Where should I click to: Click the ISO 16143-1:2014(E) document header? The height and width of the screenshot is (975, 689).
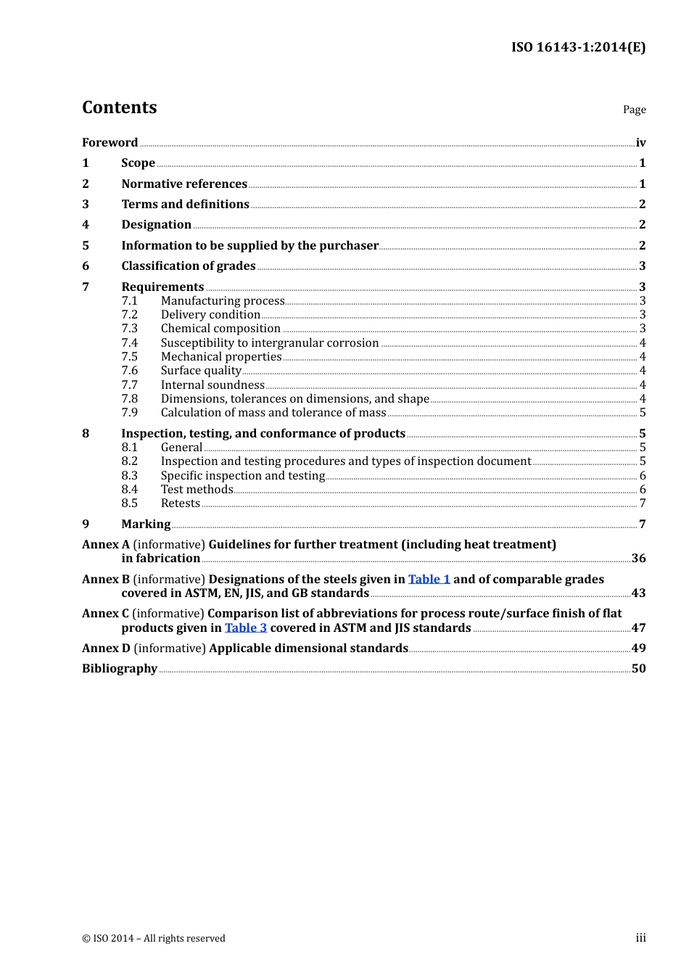coord(578,47)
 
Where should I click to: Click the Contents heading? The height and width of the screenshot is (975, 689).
coord(120,107)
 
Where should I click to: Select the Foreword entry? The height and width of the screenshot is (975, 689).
coord(110,142)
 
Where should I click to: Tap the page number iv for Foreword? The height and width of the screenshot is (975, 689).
coord(640,142)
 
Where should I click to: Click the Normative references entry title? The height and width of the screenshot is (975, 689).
coord(184,184)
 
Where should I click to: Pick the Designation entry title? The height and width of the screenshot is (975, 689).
coord(156,225)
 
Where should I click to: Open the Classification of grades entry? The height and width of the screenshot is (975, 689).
coord(189,266)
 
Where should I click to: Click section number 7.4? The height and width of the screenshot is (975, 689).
coord(130,342)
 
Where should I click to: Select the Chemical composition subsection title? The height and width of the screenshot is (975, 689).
coord(220,329)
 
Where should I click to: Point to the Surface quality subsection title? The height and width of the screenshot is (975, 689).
coord(201,371)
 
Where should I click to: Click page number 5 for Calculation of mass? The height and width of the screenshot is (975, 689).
coord(642,413)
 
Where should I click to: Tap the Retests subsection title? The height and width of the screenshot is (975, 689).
coord(181,503)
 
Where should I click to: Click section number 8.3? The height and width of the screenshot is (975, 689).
coord(130,476)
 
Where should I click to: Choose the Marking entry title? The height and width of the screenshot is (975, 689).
coord(146,524)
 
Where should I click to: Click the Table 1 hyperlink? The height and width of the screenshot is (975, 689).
coord(429,579)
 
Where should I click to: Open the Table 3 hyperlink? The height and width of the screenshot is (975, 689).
coord(246,628)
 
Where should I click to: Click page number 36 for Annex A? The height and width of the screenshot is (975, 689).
coord(638,558)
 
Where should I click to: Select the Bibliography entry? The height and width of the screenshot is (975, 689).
coord(120,668)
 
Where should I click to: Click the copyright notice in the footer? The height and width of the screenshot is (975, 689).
coord(154,938)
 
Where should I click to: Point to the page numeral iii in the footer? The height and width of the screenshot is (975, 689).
coord(640,938)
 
